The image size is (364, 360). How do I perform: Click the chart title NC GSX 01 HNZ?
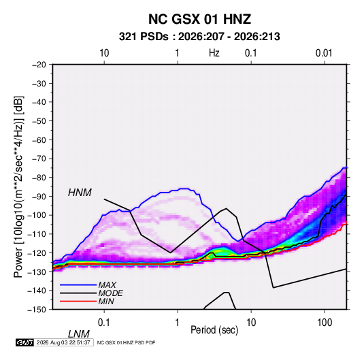click(x=199, y=19)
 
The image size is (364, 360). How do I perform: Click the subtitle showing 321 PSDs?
click(x=199, y=37)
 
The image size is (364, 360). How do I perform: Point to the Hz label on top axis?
click(x=214, y=53)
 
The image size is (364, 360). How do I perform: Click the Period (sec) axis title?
click(x=214, y=329)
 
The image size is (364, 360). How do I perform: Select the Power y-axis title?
click(x=18, y=187)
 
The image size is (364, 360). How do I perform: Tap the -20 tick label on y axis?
click(x=39, y=65)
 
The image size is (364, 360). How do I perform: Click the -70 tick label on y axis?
click(x=39, y=159)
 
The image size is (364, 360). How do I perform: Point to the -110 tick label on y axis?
click(x=37, y=234)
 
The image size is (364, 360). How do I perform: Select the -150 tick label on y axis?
click(x=37, y=310)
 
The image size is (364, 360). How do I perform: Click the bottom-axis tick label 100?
click(x=325, y=323)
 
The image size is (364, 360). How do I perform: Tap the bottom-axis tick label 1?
click(x=178, y=323)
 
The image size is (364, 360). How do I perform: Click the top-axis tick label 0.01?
click(x=324, y=53)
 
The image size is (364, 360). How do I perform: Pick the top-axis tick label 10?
click(x=104, y=53)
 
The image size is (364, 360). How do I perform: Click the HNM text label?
click(x=80, y=193)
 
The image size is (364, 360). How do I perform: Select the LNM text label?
click(x=78, y=334)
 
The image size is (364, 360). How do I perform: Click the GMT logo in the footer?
click(x=25, y=342)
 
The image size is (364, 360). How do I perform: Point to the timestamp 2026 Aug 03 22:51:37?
click(x=63, y=342)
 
